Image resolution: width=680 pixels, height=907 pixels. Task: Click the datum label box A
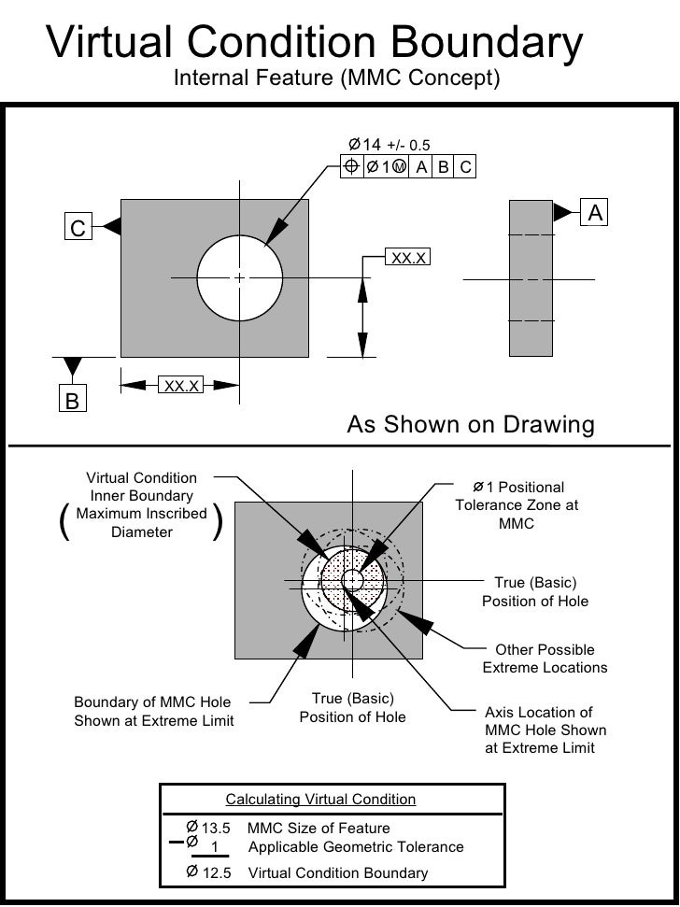(x=595, y=213)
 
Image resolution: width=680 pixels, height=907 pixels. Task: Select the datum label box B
(x=72, y=400)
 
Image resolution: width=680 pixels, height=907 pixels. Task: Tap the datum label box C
(x=78, y=227)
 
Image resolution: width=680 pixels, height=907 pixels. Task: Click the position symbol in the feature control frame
(x=351, y=167)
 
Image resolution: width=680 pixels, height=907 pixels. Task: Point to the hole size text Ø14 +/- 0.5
(x=389, y=145)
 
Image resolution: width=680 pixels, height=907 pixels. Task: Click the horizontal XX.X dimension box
(x=181, y=385)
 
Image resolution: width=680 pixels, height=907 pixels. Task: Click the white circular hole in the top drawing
(x=240, y=277)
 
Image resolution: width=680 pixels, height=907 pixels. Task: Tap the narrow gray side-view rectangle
(x=531, y=277)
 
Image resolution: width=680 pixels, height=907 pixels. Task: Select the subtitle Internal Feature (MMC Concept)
(x=337, y=79)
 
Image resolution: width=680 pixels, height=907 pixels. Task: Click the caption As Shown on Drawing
(x=471, y=425)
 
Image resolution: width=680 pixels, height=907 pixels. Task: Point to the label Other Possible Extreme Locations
(x=545, y=659)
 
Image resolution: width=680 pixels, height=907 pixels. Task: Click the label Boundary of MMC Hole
(x=153, y=702)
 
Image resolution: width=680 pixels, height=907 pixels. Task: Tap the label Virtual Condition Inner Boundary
(x=141, y=487)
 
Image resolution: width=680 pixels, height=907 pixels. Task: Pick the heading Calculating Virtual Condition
(x=320, y=800)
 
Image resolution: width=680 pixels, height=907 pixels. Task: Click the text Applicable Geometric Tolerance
(x=355, y=847)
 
